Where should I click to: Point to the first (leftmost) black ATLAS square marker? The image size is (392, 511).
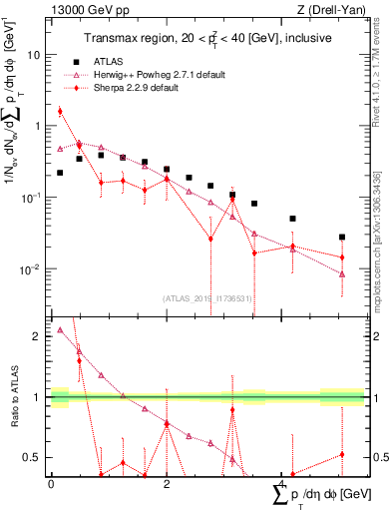coord(60,173)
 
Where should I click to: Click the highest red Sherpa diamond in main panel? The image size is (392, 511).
coord(60,112)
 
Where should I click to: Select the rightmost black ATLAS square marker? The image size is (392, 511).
coord(342,238)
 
